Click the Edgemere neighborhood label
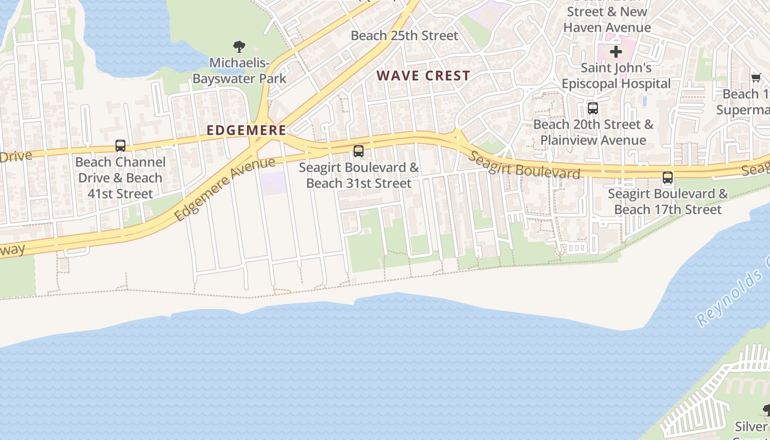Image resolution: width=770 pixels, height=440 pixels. pyautogui.click(x=246, y=130)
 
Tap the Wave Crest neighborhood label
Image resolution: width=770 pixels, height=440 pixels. pyautogui.click(x=423, y=76)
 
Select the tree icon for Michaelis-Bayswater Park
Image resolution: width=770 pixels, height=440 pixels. pyautogui.click(x=239, y=47)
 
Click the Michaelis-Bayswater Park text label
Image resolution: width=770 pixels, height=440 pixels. pyautogui.click(x=239, y=71)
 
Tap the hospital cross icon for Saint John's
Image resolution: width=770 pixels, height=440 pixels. pyautogui.click(x=616, y=52)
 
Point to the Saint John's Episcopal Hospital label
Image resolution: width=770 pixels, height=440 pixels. pyautogui.click(x=616, y=76)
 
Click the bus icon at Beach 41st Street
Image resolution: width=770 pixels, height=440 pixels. pyautogui.click(x=120, y=146)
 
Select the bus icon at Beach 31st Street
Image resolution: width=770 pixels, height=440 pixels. pyautogui.click(x=359, y=151)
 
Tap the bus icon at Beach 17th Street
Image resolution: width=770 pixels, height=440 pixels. pyautogui.click(x=668, y=178)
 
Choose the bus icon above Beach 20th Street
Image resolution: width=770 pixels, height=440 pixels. pyautogui.click(x=593, y=108)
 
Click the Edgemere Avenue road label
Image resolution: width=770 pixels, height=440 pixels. pyautogui.click(x=225, y=189)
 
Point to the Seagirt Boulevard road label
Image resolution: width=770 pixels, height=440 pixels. pyautogui.click(x=524, y=164)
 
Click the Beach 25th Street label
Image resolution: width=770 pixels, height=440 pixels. pyautogui.click(x=404, y=36)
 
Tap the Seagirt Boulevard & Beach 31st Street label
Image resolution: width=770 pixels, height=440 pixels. pyautogui.click(x=359, y=175)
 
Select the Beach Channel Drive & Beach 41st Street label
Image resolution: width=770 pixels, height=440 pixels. pyautogui.click(x=120, y=178)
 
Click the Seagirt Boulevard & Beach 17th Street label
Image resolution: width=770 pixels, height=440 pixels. pyautogui.click(x=668, y=202)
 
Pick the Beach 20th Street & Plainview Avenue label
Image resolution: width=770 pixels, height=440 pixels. pyautogui.click(x=593, y=133)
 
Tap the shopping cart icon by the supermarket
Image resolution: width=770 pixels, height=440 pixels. pyautogui.click(x=756, y=78)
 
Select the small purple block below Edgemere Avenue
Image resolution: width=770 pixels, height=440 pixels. pyautogui.click(x=273, y=183)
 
